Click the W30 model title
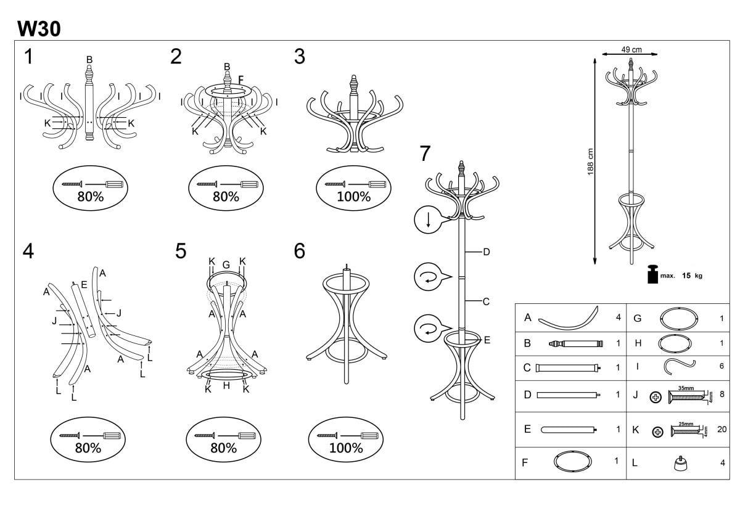click(x=39, y=28)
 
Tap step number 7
click(x=425, y=153)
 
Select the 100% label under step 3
click(x=353, y=197)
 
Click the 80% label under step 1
click(x=90, y=197)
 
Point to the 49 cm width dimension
click(x=631, y=50)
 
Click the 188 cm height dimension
click(x=591, y=162)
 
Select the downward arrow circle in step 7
click(x=427, y=220)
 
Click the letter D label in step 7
click(x=486, y=252)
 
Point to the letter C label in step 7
click(x=486, y=301)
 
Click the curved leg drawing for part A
click(x=569, y=318)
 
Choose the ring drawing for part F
click(x=573, y=461)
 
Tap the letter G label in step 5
click(x=226, y=264)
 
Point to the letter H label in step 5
click(x=226, y=386)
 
